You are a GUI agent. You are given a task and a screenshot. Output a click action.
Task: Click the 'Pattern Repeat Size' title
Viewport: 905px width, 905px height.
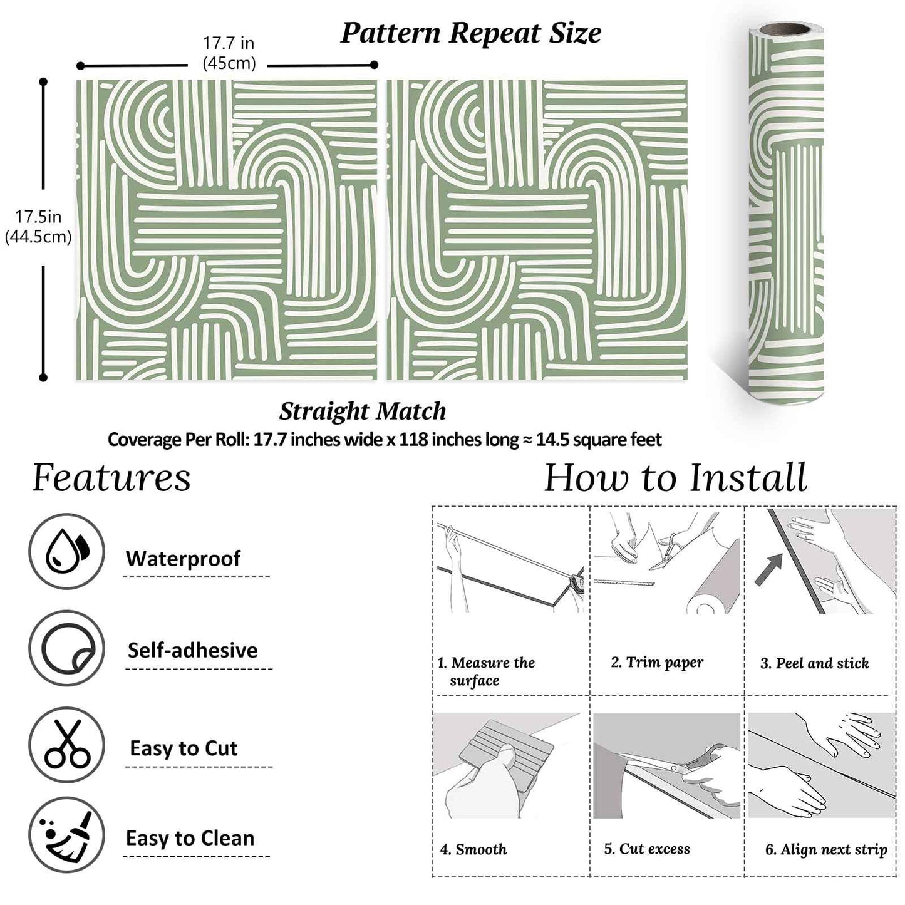pos(470,33)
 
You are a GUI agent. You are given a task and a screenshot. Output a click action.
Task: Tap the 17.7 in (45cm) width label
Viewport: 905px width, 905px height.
pos(229,53)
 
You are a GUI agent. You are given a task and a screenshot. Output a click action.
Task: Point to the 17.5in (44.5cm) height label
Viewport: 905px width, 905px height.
pos(38,227)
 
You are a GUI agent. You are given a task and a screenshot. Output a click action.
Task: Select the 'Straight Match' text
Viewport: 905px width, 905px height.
pos(363,411)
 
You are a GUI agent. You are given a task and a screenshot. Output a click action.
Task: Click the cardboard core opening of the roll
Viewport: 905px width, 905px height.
pos(788,30)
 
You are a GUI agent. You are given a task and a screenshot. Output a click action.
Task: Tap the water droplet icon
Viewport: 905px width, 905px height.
pos(66,551)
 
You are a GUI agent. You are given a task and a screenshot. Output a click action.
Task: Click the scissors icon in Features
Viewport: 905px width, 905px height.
pos(67,744)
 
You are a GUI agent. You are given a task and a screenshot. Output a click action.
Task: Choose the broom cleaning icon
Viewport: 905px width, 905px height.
pos(66,835)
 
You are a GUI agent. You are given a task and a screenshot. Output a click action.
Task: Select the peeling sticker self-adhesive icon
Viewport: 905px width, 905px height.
pos(67,648)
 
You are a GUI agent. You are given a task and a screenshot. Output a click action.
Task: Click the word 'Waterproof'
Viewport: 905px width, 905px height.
pos(183,558)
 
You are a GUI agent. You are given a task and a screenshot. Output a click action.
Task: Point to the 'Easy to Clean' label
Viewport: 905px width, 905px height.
pos(190,838)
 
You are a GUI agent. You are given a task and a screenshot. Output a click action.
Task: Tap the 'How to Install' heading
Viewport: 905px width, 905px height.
pos(675,478)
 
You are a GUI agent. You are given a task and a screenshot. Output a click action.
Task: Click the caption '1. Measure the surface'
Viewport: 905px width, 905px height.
pos(486,671)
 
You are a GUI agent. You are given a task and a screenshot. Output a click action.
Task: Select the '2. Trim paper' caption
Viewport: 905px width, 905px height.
pos(657,663)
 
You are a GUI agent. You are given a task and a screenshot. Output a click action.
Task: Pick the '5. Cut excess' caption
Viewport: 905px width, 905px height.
pos(647,849)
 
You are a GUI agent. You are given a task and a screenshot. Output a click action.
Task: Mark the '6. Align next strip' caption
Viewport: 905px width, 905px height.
pos(826,849)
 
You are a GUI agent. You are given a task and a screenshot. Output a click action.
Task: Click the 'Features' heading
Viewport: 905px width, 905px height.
pos(111,478)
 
